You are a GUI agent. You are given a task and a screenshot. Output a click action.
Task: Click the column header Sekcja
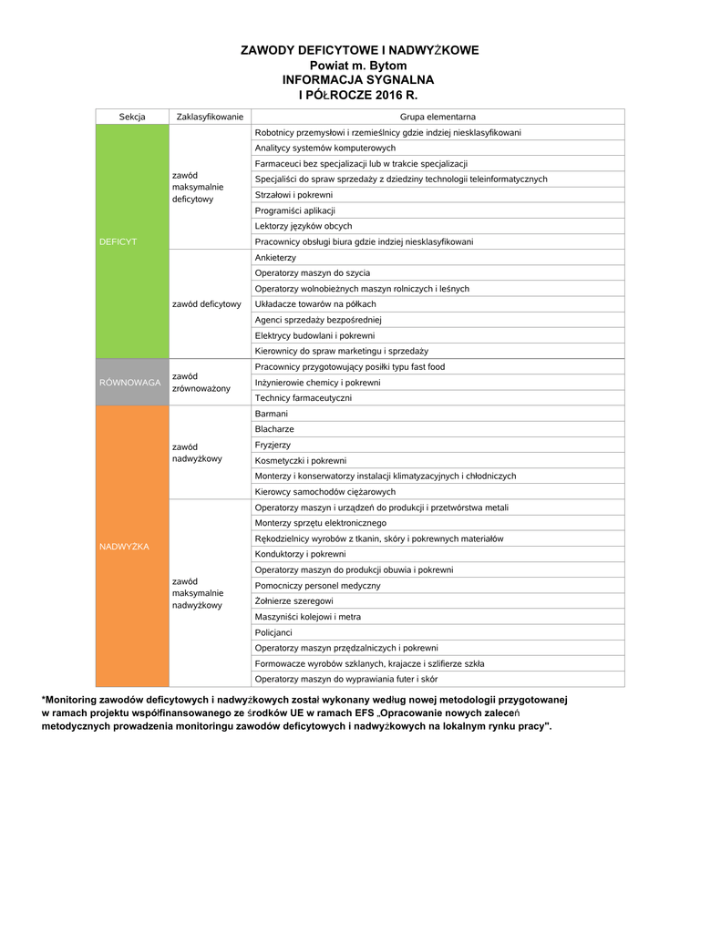[132, 117]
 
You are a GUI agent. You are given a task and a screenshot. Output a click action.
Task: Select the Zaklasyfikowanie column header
[210, 117]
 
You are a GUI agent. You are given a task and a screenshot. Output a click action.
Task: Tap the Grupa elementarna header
[438, 117]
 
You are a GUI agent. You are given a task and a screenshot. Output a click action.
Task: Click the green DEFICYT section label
[118, 241]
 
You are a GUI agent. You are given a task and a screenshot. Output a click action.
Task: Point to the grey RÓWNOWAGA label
[130, 383]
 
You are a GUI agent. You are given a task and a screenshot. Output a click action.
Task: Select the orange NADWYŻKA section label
[124, 546]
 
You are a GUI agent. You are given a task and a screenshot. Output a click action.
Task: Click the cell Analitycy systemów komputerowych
[325, 148]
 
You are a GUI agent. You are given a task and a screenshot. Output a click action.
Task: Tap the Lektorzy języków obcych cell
[304, 226]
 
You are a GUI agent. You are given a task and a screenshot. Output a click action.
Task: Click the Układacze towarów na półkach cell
[315, 304]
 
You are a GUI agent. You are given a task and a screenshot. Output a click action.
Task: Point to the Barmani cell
[272, 414]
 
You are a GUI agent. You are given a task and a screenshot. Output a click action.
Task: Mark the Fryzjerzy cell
[273, 445]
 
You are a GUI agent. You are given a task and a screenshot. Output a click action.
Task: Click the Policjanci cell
[274, 632]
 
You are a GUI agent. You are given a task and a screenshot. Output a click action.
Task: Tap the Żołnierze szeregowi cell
[294, 601]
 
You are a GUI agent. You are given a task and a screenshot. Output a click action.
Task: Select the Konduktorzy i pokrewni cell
[301, 554]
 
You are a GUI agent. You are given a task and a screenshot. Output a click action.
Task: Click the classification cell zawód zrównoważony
[201, 383]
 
